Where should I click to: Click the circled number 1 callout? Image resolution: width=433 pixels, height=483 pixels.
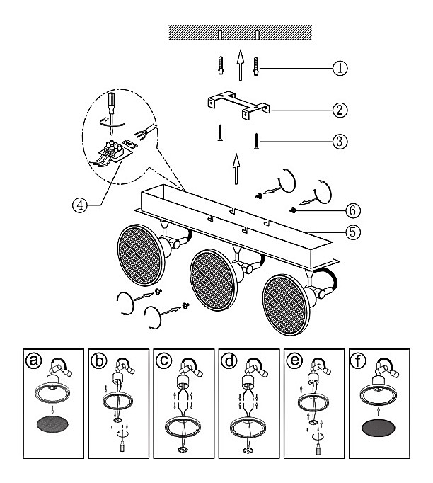tap(340, 68)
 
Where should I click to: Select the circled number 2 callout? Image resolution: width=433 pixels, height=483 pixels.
tap(340, 110)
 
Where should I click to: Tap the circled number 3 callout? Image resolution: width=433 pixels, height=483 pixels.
tap(340, 142)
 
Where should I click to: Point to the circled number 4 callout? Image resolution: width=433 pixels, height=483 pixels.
tap(80, 205)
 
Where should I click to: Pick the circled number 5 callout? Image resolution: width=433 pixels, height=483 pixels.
tap(352, 232)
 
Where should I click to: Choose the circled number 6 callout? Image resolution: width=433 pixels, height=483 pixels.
tap(352, 211)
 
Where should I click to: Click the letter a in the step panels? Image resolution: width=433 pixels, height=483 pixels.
tap(33, 360)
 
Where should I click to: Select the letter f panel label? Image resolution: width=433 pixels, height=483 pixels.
tap(358, 360)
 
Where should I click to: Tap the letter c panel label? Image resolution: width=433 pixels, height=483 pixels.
tap(163, 360)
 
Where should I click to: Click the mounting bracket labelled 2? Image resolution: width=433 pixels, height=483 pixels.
tap(238, 104)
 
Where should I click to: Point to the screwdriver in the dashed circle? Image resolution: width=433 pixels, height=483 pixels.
tap(111, 113)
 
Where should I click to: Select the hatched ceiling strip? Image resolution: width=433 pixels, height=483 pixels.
tap(241, 33)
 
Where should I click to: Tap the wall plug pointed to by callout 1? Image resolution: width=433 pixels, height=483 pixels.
tap(256, 67)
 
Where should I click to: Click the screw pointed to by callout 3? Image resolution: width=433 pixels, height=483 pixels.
tap(255, 142)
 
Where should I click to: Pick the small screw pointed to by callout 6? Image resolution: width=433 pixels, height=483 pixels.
tap(292, 210)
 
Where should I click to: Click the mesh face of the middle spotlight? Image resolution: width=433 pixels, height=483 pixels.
tap(212, 280)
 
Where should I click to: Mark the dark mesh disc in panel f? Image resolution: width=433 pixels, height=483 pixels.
tap(379, 428)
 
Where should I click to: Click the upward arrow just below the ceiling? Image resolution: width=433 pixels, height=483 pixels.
tap(241, 65)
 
